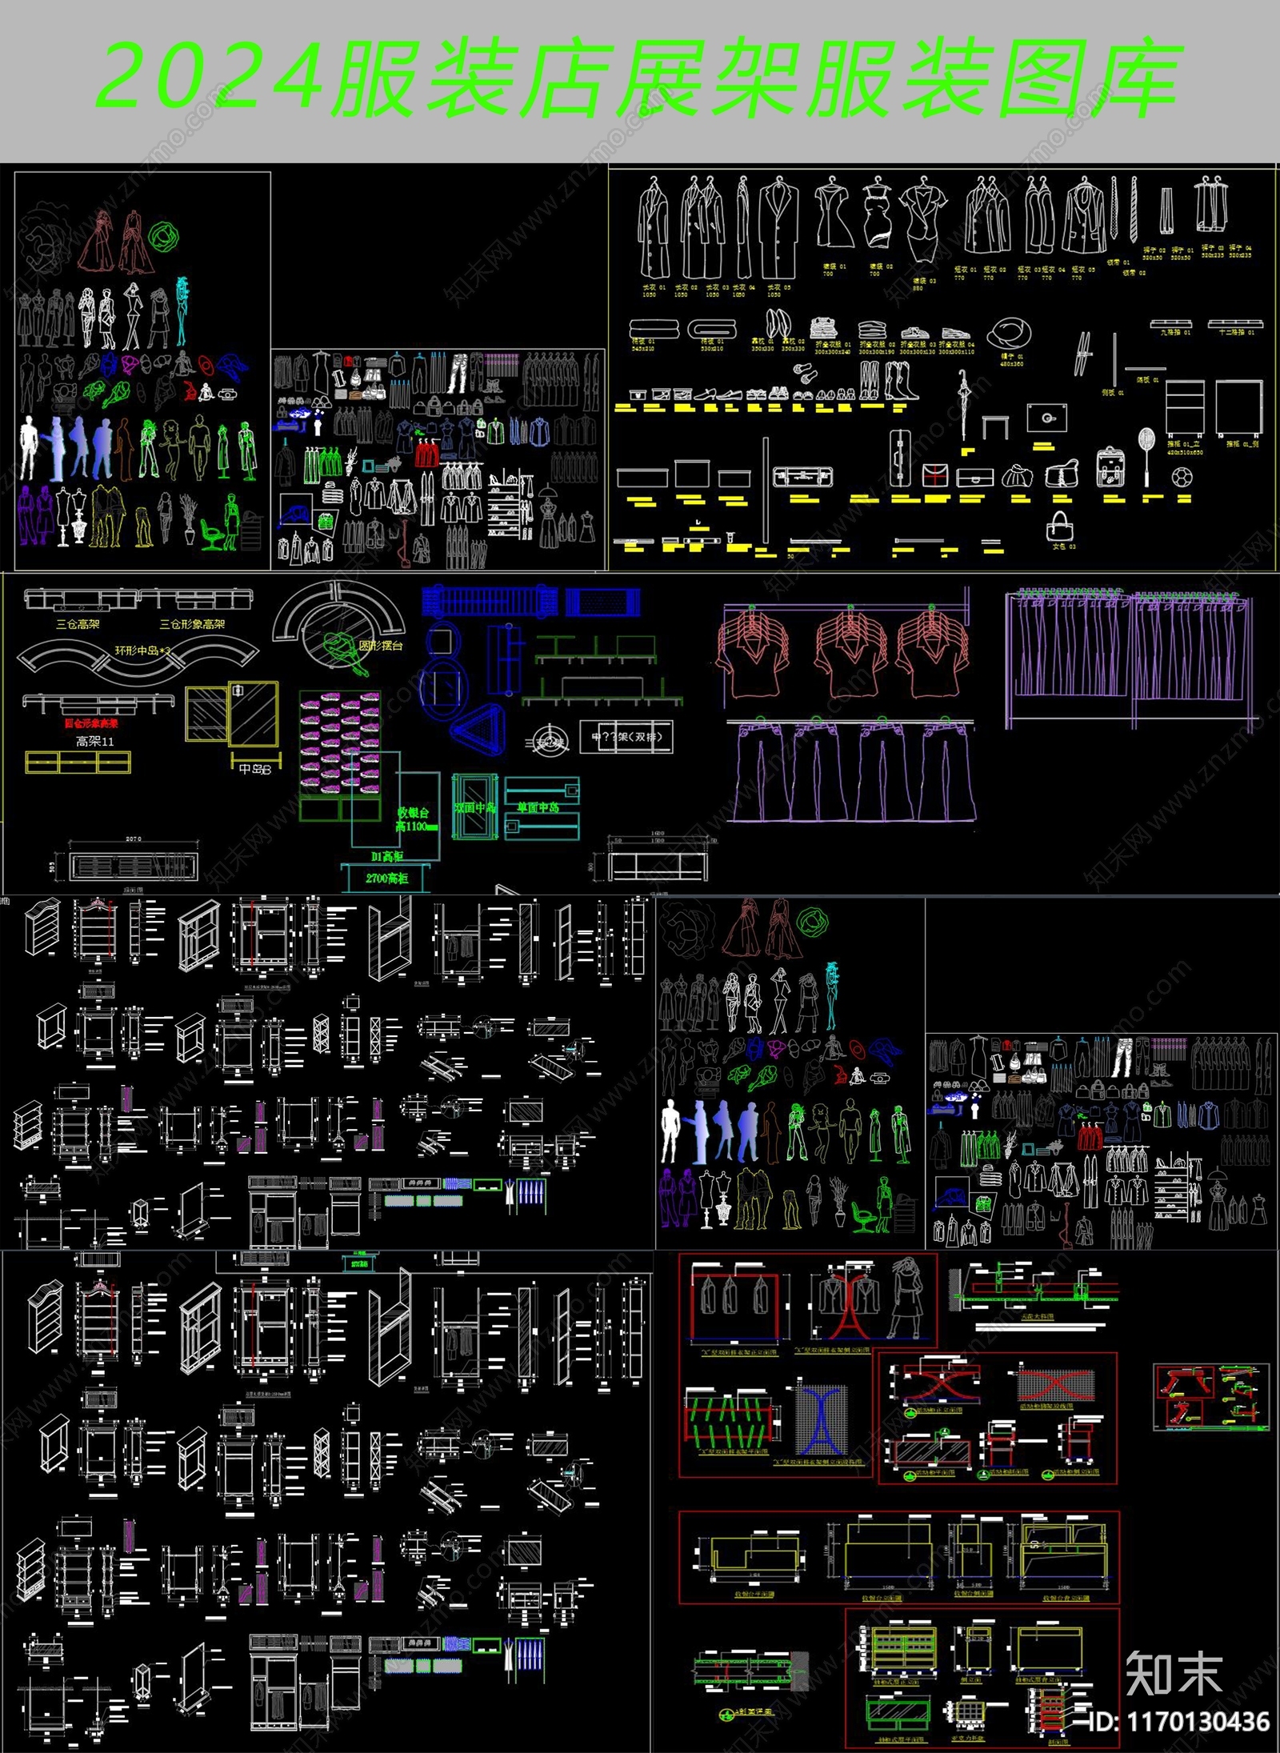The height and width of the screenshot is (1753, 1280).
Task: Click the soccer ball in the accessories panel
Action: click(1182, 477)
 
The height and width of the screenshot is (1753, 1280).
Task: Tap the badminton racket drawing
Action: click(1146, 456)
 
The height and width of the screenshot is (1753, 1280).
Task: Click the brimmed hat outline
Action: click(1009, 332)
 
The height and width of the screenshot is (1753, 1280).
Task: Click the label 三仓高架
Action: click(78, 624)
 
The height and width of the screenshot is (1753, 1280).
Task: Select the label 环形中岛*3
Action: click(142, 650)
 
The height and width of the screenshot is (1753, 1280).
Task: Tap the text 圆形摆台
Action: click(381, 646)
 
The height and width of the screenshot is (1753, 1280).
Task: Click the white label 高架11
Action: click(95, 742)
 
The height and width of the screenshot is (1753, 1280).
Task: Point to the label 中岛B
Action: click(255, 769)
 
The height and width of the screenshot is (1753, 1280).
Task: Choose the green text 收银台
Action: click(413, 813)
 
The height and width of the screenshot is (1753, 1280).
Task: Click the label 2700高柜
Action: click(387, 879)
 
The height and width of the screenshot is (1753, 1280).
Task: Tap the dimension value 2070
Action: click(133, 838)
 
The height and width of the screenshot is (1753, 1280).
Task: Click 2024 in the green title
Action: click(210, 78)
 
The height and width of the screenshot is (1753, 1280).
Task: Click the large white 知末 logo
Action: click(1174, 1673)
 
